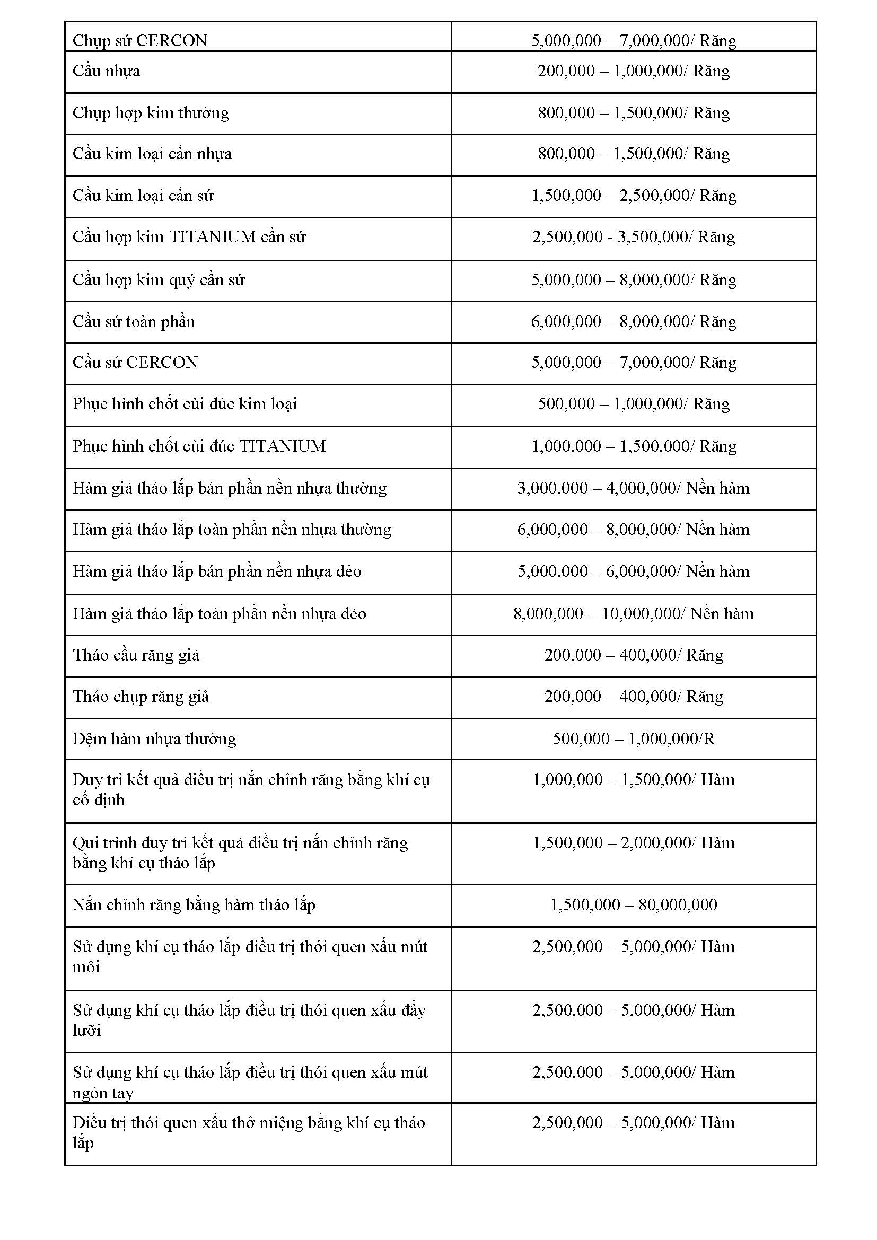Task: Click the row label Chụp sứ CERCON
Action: (x=140, y=40)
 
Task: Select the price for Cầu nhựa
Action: (x=634, y=71)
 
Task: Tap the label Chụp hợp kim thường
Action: (x=151, y=113)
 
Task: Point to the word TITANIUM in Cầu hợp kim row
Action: (x=212, y=236)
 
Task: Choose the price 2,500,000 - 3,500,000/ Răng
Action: (x=634, y=236)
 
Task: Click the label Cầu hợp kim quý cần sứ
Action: (x=159, y=280)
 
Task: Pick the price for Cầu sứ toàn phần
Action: (x=634, y=322)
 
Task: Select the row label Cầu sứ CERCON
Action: (x=135, y=363)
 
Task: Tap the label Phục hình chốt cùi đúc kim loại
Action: (x=185, y=404)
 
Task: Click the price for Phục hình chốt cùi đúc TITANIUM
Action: (x=634, y=446)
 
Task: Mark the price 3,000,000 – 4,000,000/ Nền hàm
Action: (x=634, y=488)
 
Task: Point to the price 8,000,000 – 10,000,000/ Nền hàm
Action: (x=634, y=613)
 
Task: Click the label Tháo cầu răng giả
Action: (x=136, y=655)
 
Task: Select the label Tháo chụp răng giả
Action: (x=141, y=697)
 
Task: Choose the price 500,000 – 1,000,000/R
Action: (x=634, y=738)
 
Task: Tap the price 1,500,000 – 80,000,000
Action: (x=634, y=904)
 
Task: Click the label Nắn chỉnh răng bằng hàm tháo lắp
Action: (x=194, y=904)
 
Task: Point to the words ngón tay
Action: (x=103, y=1093)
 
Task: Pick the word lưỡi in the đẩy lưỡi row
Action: (x=87, y=1031)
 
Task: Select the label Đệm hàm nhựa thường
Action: (x=154, y=738)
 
